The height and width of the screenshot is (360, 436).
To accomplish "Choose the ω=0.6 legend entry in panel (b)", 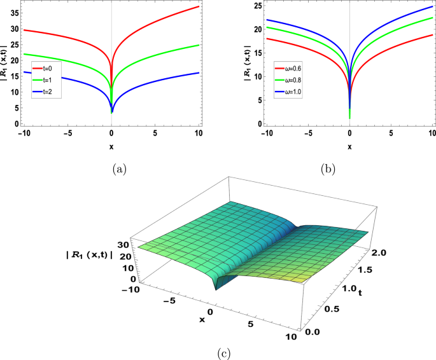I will pyautogui.click(x=288, y=66).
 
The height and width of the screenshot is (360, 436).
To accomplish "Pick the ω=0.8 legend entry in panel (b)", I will pyautogui.click(x=288, y=78).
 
